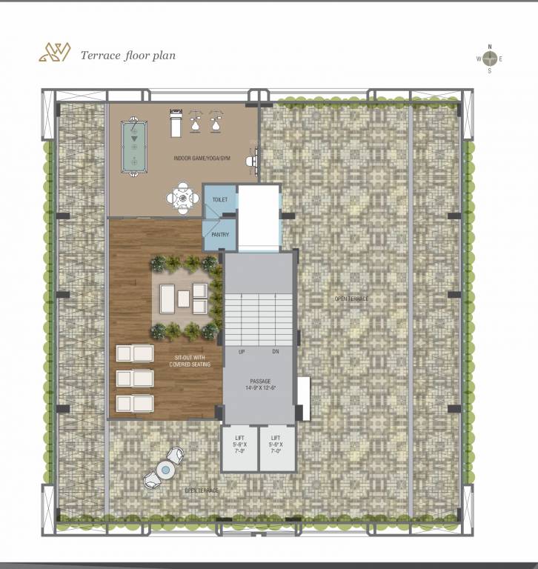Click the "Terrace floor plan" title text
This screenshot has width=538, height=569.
128,56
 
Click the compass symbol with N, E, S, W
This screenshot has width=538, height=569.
489,59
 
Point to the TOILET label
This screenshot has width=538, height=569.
220,200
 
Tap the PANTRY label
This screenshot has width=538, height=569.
220,235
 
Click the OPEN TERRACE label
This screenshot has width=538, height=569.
351,299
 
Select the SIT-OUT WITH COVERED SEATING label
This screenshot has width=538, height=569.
190,361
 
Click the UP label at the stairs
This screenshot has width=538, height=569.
242,351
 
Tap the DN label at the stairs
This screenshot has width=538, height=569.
275,351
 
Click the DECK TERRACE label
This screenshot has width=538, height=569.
202,491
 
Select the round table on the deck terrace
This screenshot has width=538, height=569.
165,469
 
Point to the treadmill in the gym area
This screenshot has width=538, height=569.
175,122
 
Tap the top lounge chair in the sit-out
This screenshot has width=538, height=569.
135,353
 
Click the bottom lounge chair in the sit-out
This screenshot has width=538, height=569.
135,403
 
